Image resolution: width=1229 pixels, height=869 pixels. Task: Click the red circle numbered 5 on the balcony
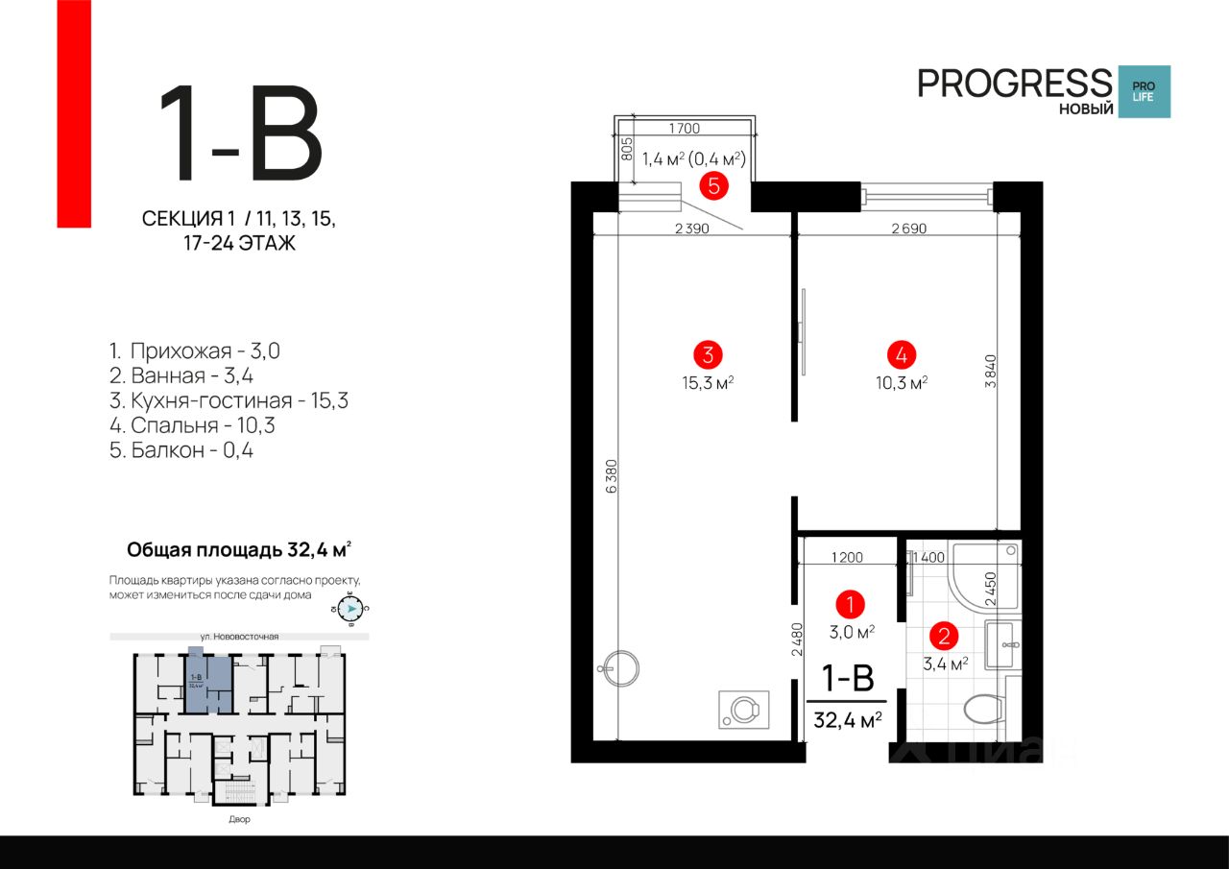[x=713, y=185]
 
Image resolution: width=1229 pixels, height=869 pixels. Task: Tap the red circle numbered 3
[x=708, y=354]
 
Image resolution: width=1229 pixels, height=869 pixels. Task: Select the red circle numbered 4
[x=901, y=354]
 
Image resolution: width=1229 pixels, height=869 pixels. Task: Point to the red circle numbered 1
[x=850, y=604]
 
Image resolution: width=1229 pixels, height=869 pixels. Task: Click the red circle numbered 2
[x=945, y=635]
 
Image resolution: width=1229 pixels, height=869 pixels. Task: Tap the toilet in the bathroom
[x=981, y=710]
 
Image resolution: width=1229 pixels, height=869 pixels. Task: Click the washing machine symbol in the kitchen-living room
[x=743, y=710]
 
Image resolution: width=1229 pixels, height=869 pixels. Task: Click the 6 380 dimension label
[x=612, y=476]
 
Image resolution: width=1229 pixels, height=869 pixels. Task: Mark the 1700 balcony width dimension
[x=685, y=128]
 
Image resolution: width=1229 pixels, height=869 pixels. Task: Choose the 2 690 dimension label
[x=908, y=229]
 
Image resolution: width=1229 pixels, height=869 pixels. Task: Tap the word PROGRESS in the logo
[x=1014, y=83]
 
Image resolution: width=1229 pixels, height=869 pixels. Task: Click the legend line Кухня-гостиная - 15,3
[x=229, y=400]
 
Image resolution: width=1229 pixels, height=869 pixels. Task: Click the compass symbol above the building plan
[x=352, y=609]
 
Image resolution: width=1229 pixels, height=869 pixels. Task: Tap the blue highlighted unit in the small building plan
[x=208, y=682]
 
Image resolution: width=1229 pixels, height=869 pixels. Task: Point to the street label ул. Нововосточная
[x=240, y=636]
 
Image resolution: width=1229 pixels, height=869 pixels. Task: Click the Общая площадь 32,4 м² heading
[x=239, y=550]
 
